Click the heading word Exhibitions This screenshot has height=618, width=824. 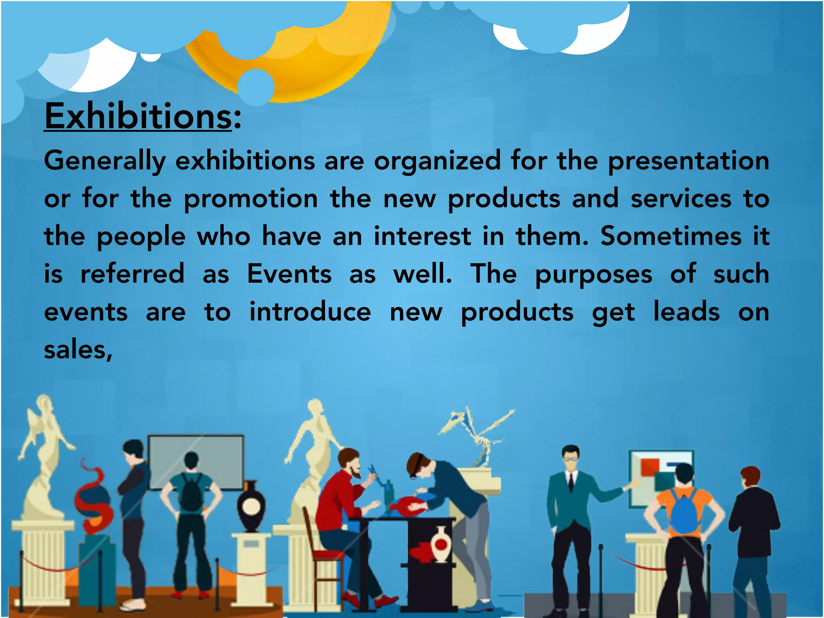click(x=138, y=117)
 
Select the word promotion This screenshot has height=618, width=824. click(x=251, y=199)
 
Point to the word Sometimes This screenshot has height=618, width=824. click(x=671, y=236)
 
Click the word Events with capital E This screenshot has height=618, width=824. click(x=289, y=274)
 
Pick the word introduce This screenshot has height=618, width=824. click(x=310, y=312)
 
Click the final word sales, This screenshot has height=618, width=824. click(x=78, y=350)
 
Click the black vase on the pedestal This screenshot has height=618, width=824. click(x=251, y=507)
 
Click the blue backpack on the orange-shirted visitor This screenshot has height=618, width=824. click(x=684, y=513)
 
